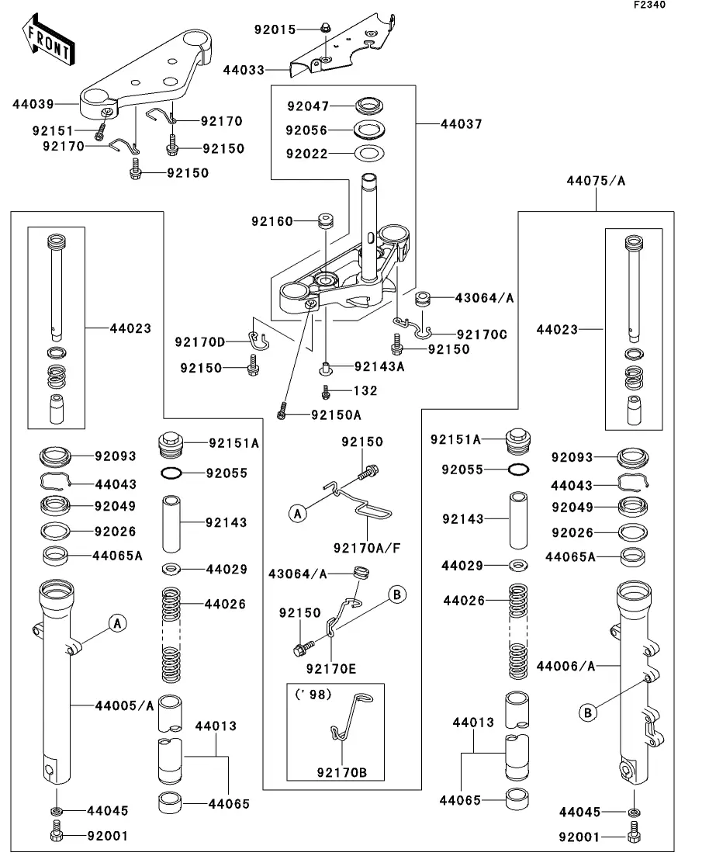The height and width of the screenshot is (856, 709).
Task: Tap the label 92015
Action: click(275, 29)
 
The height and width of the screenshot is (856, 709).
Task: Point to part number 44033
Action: click(243, 70)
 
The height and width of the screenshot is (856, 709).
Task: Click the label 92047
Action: click(308, 106)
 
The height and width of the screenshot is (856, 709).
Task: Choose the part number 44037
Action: click(462, 123)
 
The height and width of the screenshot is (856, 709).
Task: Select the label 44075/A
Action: click(597, 181)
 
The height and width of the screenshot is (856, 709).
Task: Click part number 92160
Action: click(271, 221)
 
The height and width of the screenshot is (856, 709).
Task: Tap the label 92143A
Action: click(379, 366)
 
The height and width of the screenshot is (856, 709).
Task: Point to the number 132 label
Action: click(366, 391)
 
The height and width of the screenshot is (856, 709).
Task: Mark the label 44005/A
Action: click(124, 705)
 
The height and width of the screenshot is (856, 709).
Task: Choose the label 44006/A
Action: click(565, 665)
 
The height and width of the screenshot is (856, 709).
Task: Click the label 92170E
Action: click(330, 667)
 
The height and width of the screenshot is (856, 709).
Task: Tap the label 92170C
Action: click(482, 334)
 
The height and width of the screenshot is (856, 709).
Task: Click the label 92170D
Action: click(199, 342)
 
